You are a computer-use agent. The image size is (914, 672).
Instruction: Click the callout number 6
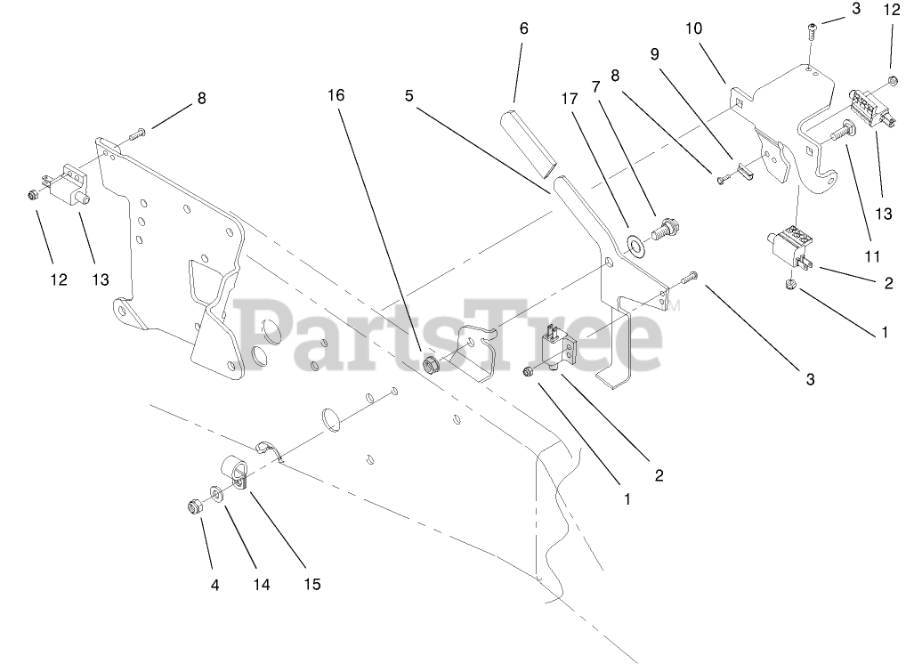(523, 28)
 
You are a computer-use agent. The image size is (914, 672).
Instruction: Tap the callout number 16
(336, 95)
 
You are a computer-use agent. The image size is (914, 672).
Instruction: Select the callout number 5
(408, 95)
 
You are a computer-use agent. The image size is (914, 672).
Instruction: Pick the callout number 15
(311, 585)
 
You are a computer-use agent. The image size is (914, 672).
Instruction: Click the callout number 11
(872, 256)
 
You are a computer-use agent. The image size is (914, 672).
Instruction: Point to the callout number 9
(654, 53)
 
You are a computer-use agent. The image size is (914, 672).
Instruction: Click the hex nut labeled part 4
(193, 507)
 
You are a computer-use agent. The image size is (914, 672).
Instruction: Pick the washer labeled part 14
(217, 491)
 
